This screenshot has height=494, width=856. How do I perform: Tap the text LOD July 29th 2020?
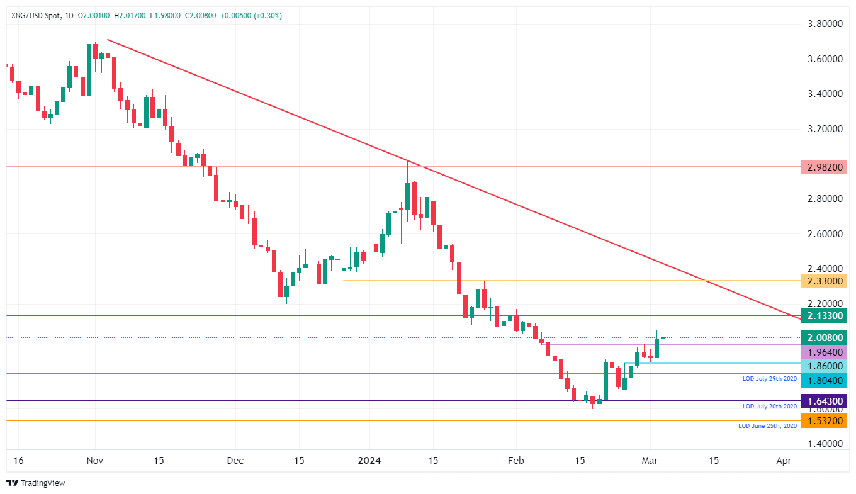click(x=769, y=379)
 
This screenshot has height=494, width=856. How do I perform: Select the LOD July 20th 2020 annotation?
click(x=769, y=407)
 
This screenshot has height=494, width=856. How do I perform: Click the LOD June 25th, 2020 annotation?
click(x=767, y=426)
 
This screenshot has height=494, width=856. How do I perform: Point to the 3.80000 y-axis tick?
click(x=824, y=24)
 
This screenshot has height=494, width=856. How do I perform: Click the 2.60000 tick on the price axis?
click(x=824, y=233)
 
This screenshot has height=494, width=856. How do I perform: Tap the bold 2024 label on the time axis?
click(x=369, y=460)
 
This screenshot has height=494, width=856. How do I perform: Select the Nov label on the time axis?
click(x=94, y=460)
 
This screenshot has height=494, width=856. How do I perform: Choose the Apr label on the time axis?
click(x=784, y=460)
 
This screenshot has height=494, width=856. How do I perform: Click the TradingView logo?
click(x=36, y=483)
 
